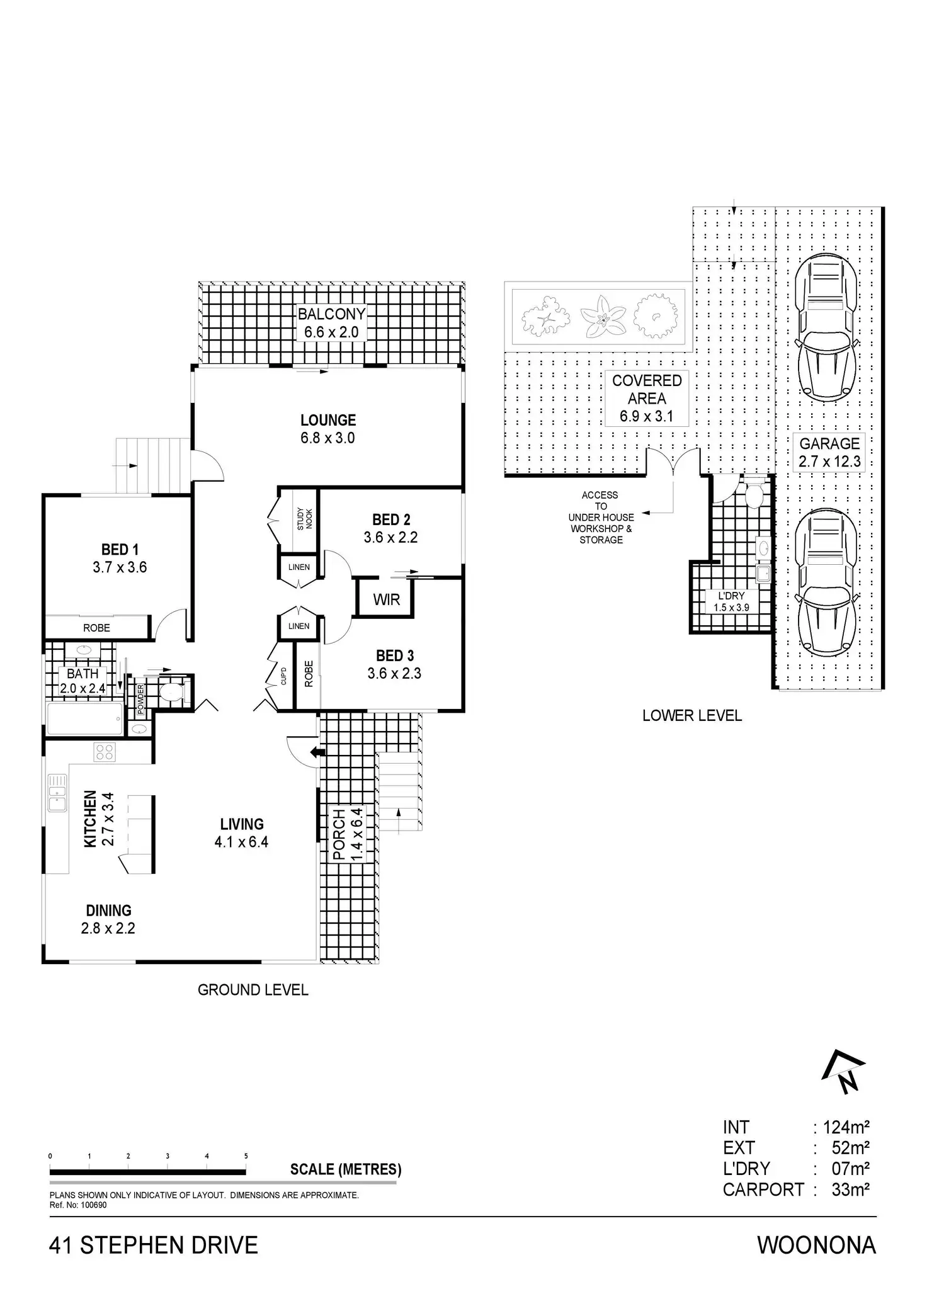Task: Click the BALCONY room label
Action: [331, 314]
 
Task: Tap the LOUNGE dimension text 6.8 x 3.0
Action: [327, 438]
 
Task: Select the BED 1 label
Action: [120, 550]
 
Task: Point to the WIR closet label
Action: [386, 599]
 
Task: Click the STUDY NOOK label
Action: [305, 518]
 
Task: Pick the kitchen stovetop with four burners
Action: [104, 751]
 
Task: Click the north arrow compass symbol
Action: [844, 1074]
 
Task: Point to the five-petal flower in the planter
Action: [603, 317]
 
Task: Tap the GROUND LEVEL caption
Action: [253, 990]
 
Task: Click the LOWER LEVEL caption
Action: [692, 715]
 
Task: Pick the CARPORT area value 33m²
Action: [850, 1189]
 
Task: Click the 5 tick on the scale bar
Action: [246, 1156]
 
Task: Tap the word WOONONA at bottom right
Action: [816, 1245]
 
